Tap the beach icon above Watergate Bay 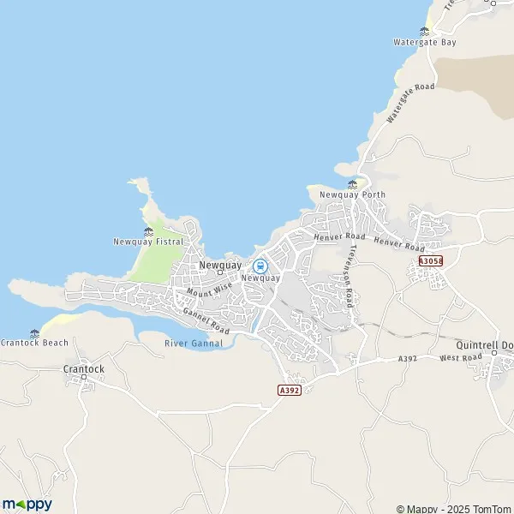click(x=423, y=31)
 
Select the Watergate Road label click(x=410, y=104)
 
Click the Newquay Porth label click(x=352, y=195)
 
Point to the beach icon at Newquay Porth click(x=352, y=184)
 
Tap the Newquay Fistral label click(x=148, y=242)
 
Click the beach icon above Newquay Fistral click(x=148, y=230)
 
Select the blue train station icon click(x=260, y=266)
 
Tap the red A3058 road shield click(x=431, y=261)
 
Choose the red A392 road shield click(x=290, y=389)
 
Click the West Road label click(x=457, y=357)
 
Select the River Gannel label click(x=193, y=344)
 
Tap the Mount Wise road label click(x=210, y=290)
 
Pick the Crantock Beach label click(x=33, y=343)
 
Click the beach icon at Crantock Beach click(x=34, y=332)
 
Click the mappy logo click(x=27, y=504)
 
